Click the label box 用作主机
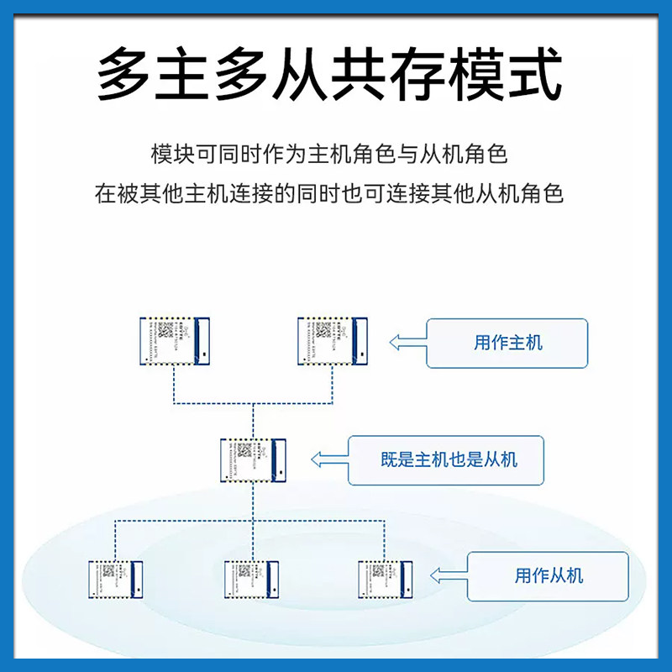(507, 343)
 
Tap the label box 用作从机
(548, 576)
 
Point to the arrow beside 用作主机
(407, 343)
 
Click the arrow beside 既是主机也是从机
(328, 459)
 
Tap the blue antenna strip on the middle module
(281, 460)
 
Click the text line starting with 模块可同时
(328, 155)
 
